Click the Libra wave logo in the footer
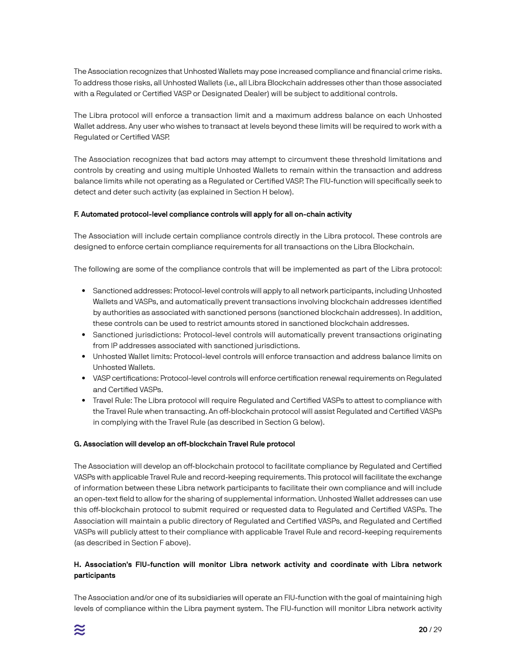point(80,630)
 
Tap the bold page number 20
point(423,630)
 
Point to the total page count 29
point(437,630)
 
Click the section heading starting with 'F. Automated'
point(212,215)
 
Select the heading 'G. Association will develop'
point(184,444)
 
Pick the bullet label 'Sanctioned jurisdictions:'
point(136,335)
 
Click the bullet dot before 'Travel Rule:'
point(84,401)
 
